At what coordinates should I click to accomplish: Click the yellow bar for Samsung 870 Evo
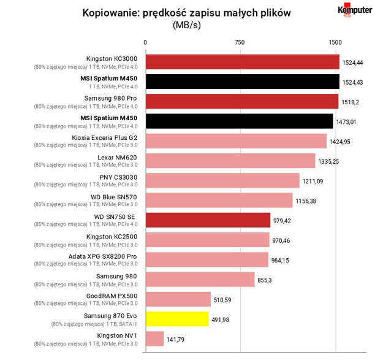(x=177, y=319)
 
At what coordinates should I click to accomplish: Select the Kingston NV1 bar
(x=155, y=339)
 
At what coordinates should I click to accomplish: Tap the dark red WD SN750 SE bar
(x=208, y=220)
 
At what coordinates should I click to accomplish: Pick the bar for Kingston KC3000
(x=243, y=62)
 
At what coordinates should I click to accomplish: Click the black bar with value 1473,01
(x=240, y=121)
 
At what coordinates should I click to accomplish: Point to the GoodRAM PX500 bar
(x=178, y=299)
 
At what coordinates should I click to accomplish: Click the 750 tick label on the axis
(x=240, y=42)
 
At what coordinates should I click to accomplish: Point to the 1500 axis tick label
(x=335, y=42)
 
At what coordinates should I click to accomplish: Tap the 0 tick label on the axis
(x=145, y=42)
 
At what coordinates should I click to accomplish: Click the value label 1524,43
(x=352, y=83)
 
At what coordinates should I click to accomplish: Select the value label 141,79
(x=175, y=340)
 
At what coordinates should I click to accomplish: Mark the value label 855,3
(x=265, y=280)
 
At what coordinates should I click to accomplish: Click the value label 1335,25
(x=328, y=161)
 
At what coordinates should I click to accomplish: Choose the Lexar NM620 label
(x=117, y=158)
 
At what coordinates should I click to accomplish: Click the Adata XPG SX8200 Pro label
(x=102, y=256)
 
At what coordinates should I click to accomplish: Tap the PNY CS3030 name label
(x=118, y=178)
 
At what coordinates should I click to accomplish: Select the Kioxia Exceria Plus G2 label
(x=105, y=138)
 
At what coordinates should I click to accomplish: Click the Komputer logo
(x=355, y=10)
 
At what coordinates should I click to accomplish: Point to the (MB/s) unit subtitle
(x=187, y=25)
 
